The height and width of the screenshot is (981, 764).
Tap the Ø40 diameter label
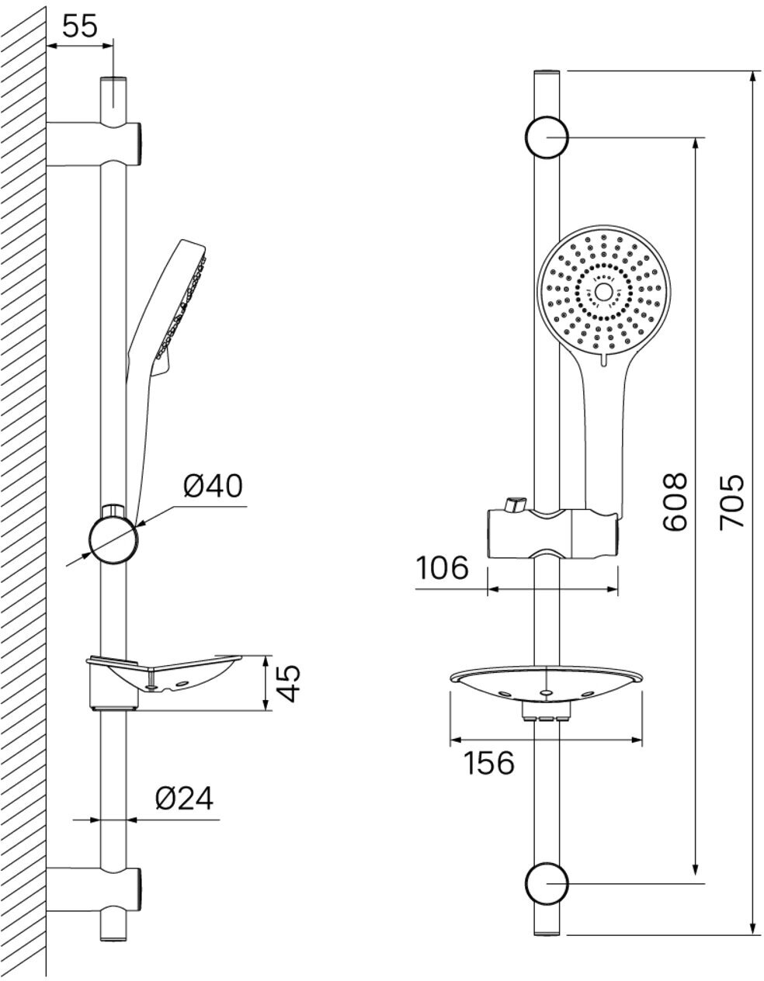tap(213, 486)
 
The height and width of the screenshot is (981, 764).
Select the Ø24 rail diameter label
tap(184, 798)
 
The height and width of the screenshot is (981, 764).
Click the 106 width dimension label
tap(441, 568)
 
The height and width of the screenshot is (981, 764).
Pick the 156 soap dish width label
tap(489, 763)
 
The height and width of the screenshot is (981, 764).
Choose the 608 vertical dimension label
tap(675, 502)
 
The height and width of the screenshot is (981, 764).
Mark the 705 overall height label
tap(731, 502)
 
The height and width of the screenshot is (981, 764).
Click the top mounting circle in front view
tap(547, 138)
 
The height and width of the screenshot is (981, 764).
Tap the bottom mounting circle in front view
tap(547, 883)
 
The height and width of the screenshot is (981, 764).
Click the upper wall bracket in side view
tap(93, 143)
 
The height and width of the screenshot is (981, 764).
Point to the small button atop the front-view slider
tap(513, 504)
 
